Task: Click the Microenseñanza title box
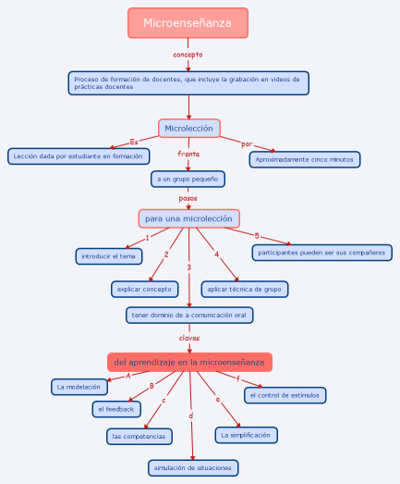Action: tap(188, 23)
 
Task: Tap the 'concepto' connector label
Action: tap(188, 55)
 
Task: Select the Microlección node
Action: tap(189, 128)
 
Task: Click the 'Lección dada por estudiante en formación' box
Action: tap(79, 156)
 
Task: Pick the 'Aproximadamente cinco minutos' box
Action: tap(305, 159)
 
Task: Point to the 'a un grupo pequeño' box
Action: tap(188, 179)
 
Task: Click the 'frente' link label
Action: tap(188, 154)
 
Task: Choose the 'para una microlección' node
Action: tap(188, 218)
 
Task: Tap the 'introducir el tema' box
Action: tap(109, 256)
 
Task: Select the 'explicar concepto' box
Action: tap(144, 290)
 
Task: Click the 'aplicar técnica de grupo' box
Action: tap(245, 290)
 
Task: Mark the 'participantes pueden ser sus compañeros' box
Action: tap(322, 253)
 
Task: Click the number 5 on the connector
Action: tap(257, 236)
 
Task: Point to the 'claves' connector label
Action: tap(189, 338)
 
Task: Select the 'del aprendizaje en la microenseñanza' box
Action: tap(189, 362)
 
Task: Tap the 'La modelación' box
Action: tap(79, 387)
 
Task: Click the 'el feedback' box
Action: tap(116, 409)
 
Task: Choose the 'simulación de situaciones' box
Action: tap(193, 468)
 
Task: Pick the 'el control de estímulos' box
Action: tap(285, 395)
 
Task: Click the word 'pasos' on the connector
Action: tap(188, 198)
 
